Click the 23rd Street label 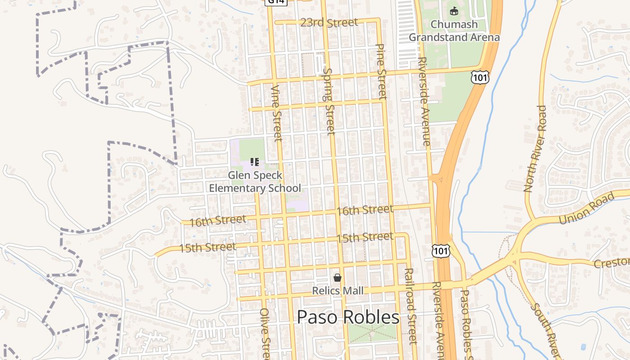(329, 22)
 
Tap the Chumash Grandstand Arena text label (454, 31)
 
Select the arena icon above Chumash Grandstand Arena (454, 11)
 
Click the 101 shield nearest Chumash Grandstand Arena (480, 78)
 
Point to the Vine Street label (277, 113)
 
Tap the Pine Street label (381, 71)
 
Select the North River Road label (535, 148)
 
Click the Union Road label (586, 208)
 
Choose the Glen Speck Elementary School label (255, 182)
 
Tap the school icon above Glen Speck (255, 162)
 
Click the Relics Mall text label (338, 291)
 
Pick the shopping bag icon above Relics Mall (337, 278)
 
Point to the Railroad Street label (410, 306)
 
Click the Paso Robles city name (348, 317)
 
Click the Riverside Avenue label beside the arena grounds (424, 101)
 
